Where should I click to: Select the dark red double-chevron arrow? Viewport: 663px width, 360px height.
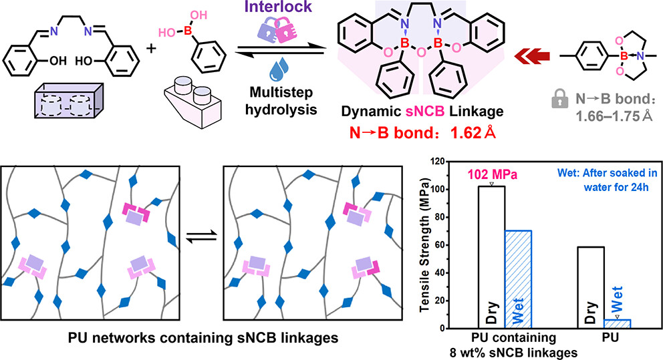click(533, 57)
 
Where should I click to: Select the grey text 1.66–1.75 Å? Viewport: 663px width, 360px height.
click(616, 115)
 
